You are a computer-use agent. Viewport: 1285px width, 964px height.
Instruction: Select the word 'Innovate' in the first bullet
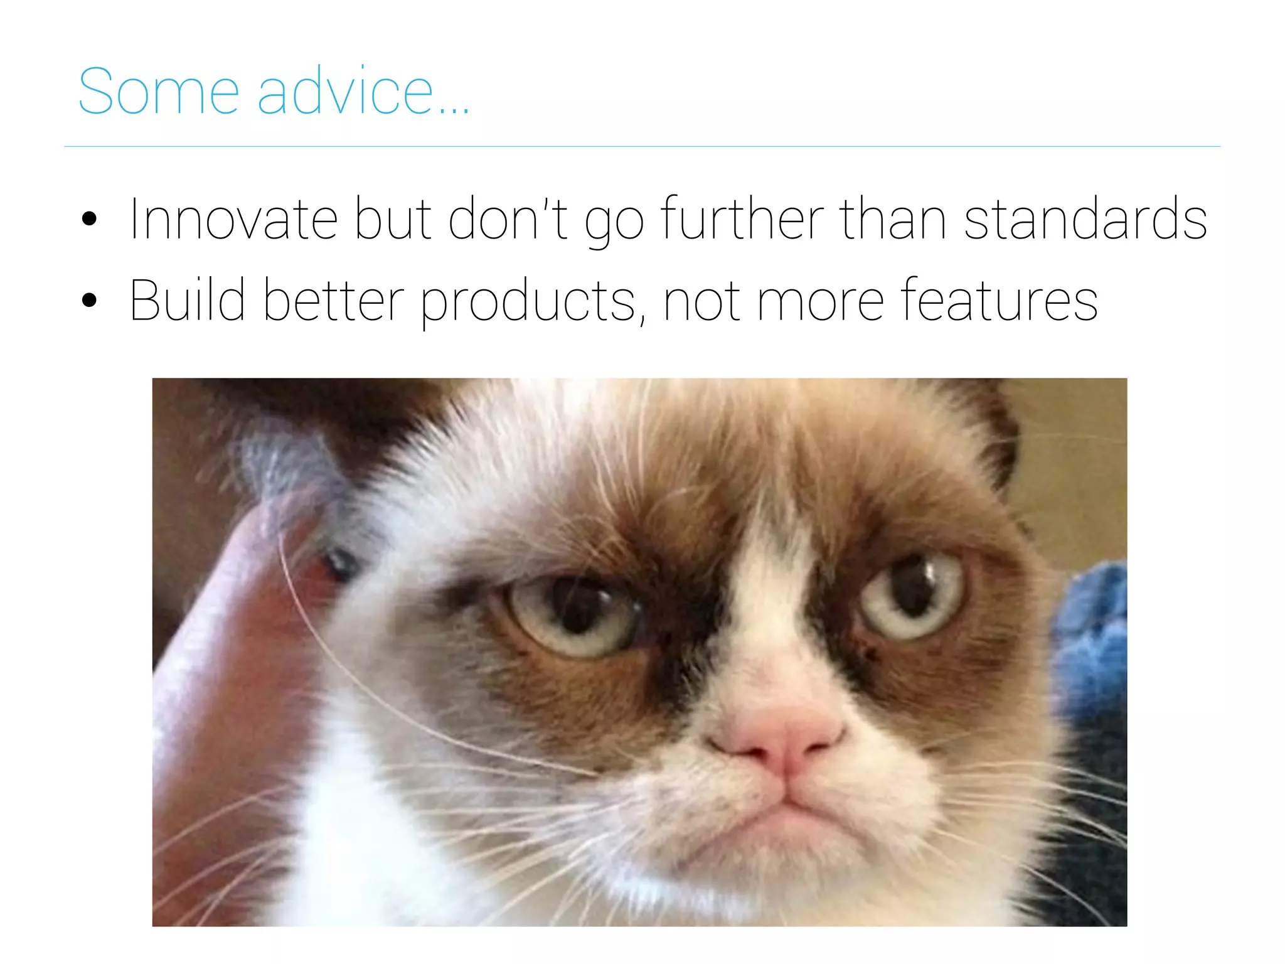(233, 219)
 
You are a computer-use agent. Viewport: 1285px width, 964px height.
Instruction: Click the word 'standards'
(1085, 219)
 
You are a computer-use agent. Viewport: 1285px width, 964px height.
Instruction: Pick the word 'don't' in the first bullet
(508, 219)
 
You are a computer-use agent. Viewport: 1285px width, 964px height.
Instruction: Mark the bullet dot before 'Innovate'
(90, 219)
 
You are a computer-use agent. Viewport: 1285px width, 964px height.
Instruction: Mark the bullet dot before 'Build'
(90, 300)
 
